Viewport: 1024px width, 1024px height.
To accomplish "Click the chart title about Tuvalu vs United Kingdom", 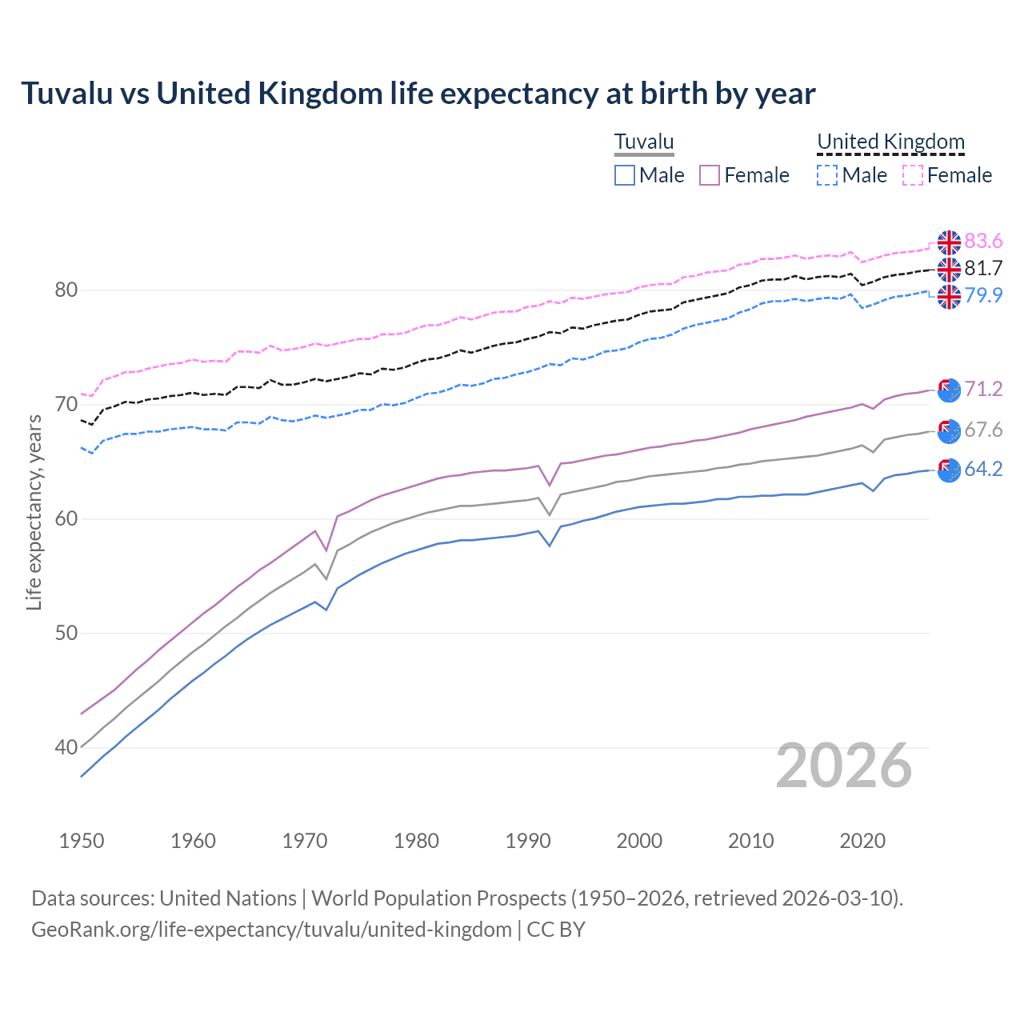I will [x=418, y=94].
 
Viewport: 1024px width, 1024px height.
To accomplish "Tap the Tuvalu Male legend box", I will [x=625, y=175].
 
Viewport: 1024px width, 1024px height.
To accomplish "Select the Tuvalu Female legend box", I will [x=710, y=175].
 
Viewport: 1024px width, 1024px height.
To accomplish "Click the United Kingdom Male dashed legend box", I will [x=827, y=175].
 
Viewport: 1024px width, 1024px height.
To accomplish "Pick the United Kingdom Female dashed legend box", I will [x=913, y=175].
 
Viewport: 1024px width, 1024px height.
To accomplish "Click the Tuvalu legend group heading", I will [x=644, y=142].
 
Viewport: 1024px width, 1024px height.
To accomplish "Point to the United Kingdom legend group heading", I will [x=890, y=142].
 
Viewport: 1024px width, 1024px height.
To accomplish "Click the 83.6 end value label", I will [x=983, y=242].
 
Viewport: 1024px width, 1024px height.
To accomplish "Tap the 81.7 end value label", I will [x=983, y=269].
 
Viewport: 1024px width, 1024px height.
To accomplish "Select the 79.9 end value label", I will [x=983, y=296].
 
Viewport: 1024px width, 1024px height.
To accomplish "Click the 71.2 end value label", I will [x=983, y=390].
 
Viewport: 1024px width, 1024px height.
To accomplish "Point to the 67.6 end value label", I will [x=983, y=430].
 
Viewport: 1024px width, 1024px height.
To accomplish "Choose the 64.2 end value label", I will [x=983, y=470].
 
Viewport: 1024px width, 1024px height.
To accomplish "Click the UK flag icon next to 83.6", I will [x=949, y=242].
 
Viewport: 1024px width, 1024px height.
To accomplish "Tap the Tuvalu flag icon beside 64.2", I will [x=949, y=470].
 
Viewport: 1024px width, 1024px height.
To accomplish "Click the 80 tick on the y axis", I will [x=66, y=290].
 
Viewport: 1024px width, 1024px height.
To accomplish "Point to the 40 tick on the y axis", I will [x=66, y=748].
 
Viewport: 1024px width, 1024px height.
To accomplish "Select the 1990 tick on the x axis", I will [x=528, y=841].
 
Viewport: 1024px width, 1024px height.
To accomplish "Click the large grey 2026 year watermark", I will [x=844, y=766].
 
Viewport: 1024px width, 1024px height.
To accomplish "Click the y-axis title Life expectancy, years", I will [x=34, y=512].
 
